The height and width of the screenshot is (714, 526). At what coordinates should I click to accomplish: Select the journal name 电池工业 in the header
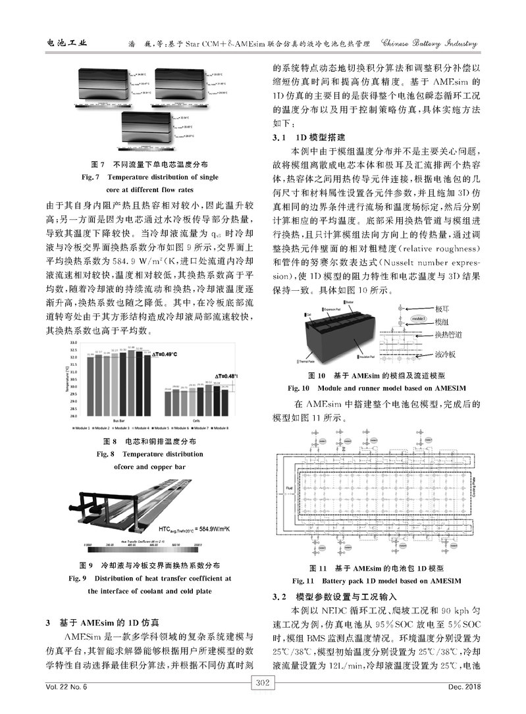67,43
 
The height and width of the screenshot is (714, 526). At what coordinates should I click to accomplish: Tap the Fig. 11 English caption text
377,581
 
